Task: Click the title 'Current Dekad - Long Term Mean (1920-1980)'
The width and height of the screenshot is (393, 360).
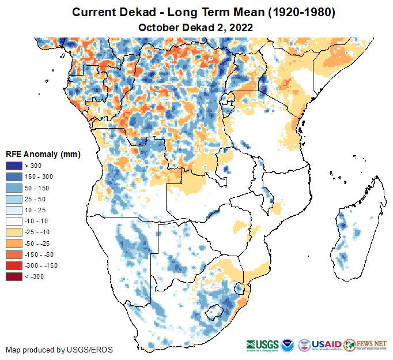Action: point(196,12)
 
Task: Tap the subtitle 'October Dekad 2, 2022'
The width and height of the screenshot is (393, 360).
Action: point(196,27)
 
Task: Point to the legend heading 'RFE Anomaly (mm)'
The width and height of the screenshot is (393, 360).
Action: point(43,154)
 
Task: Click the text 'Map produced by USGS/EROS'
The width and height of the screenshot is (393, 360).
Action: point(59,350)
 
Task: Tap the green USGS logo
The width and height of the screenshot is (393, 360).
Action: point(262,344)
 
